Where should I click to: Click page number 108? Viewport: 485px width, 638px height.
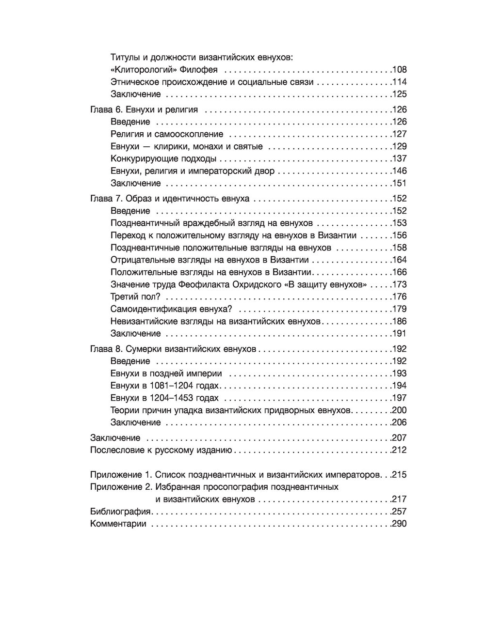(400, 70)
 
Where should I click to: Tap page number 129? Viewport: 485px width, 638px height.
(400, 146)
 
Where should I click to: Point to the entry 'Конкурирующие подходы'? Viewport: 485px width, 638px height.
(163, 158)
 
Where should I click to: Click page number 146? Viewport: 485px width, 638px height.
(400, 171)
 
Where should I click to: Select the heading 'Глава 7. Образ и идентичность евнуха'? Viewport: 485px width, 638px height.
(170, 199)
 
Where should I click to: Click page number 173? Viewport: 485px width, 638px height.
(400, 284)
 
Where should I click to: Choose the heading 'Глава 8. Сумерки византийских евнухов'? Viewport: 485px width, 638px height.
(173, 349)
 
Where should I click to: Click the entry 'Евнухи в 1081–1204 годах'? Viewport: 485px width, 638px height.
(165, 386)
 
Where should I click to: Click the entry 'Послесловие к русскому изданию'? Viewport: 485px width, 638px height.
(162, 450)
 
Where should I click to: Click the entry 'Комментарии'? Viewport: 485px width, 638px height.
(118, 524)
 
